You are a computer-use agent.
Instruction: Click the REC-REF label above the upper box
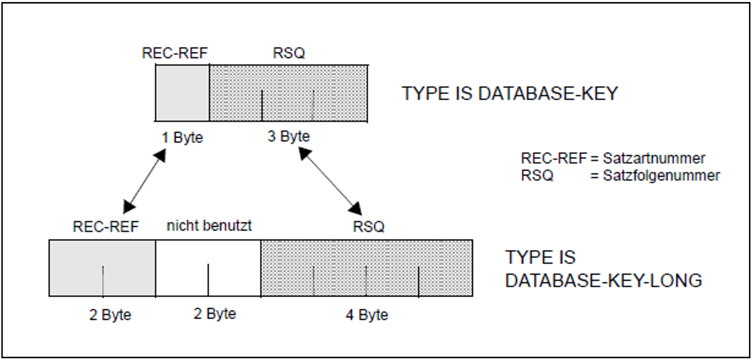(x=175, y=53)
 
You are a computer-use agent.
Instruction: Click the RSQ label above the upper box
(x=289, y=53)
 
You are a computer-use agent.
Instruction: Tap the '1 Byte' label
(x=182, y=138)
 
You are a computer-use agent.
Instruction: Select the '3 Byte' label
(x=288, y=137)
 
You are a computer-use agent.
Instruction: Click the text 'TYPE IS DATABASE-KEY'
(x=509, y=94)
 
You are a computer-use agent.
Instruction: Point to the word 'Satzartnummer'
(x=654, y=158)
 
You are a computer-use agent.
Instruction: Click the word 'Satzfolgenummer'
(x=661, y=176)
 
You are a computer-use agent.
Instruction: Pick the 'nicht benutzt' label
(x=209, y=225)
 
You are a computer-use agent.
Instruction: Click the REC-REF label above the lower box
(x=106, y=227)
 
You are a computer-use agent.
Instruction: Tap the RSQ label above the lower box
(x=368, y=227)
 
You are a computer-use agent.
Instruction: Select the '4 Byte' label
(x=367, y=315)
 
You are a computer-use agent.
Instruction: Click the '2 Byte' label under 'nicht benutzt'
(x=215, y=314)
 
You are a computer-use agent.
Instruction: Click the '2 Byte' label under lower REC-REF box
(x=110, y=315)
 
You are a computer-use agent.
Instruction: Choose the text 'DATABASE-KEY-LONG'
(x=603, y=280)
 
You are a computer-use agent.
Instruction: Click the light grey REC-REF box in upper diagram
(x=182, y=93)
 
